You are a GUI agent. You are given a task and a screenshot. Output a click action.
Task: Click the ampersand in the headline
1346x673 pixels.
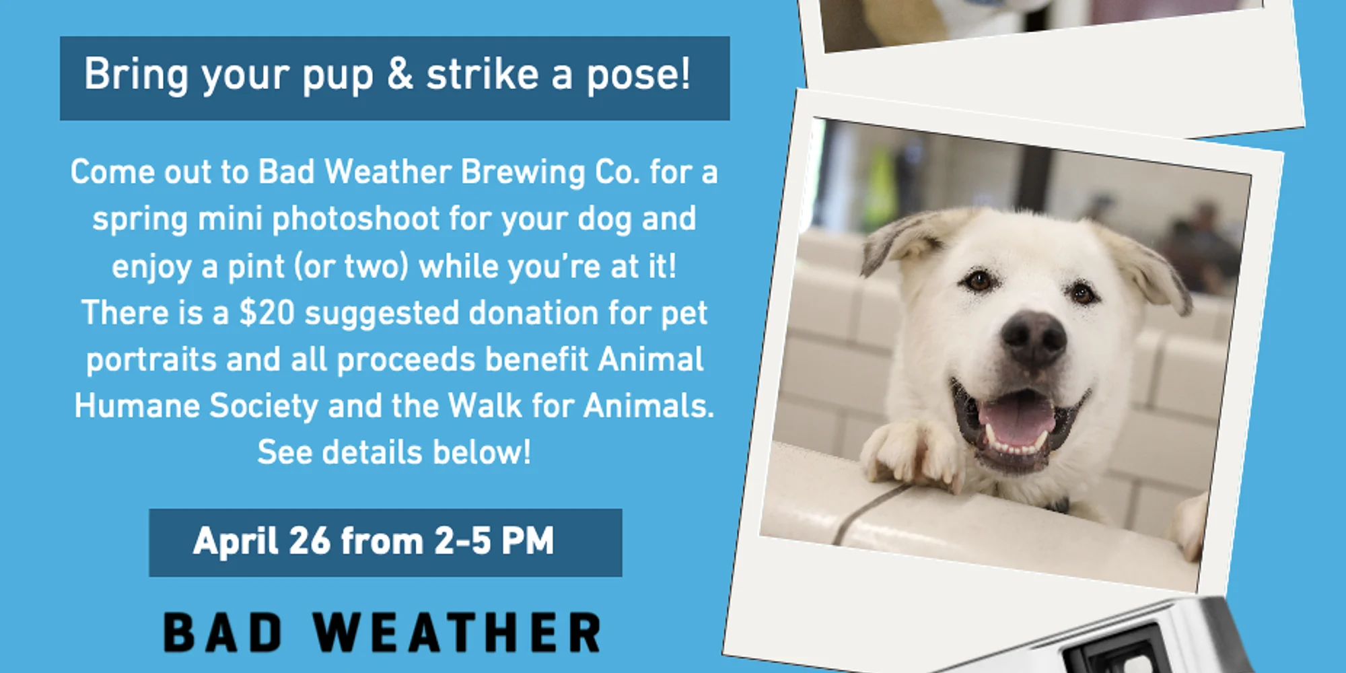(x=400, y=73)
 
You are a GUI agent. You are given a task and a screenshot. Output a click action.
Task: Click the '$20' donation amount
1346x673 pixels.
(x=267, y=313)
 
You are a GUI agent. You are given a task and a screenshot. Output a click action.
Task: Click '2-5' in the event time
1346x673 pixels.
(x=462, y=541)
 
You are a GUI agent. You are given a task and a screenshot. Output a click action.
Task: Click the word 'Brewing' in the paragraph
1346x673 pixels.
(x=523, y=172)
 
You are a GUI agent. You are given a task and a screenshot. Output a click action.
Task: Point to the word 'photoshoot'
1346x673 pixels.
(x=356, y=220)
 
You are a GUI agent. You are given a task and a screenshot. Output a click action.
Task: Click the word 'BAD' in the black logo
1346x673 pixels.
(x=223, y=633)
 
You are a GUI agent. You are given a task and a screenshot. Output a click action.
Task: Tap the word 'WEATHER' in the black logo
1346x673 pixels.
(x=457, y=633)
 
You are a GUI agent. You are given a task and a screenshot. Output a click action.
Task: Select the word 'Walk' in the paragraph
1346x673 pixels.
(x=485, y=406)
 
